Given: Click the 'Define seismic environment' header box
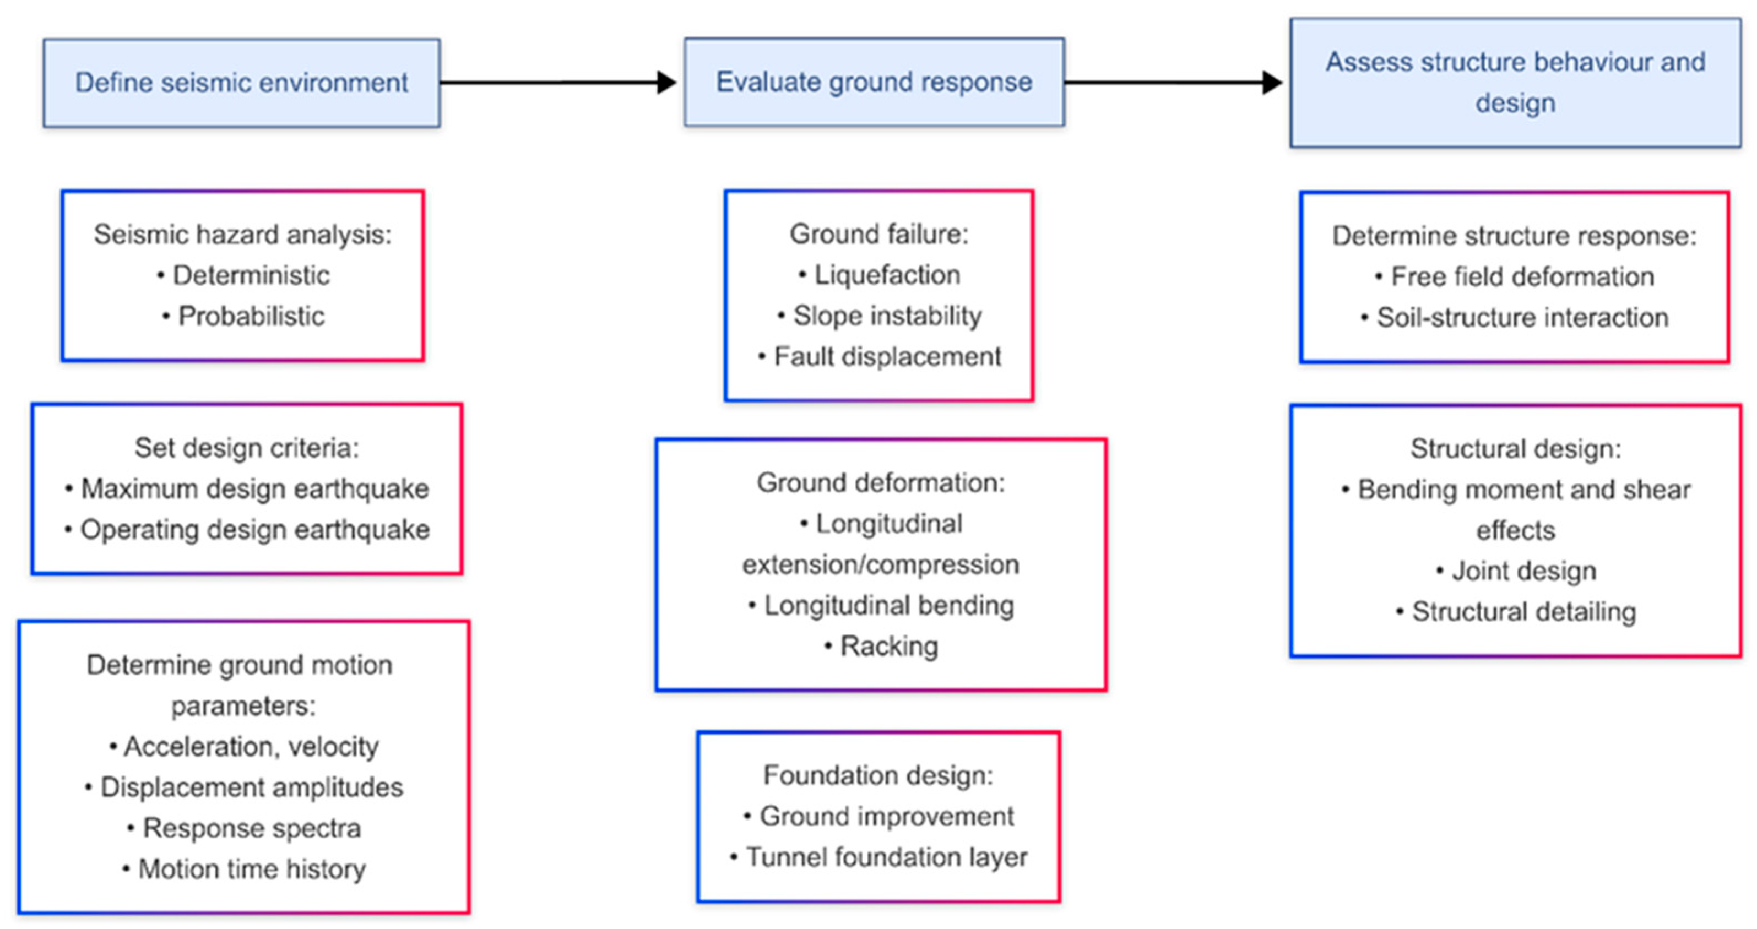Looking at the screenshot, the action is pos(241,83).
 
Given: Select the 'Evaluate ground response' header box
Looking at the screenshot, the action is pos(875,82).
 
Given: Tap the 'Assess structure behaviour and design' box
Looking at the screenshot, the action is pos(1516,83).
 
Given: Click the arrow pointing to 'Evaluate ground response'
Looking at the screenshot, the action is pos(558,83).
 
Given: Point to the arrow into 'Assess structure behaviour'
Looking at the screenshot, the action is pos(1173,83).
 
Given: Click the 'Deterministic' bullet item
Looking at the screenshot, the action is pos(243,275).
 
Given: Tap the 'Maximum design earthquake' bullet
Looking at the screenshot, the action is pos(247,489).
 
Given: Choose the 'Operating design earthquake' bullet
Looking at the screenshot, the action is pos(247,530).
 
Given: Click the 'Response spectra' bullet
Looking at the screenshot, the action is pos(243,828).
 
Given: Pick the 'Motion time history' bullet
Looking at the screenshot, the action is pos(243,869).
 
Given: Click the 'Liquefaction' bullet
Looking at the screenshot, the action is pos(879,275).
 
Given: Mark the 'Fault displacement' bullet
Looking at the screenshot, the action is pos(879,357).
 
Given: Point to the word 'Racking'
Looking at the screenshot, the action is pos(889,646).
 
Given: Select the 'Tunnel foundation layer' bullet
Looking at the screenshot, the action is pos(878,857).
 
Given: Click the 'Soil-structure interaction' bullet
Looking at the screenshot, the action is pos(1515,318).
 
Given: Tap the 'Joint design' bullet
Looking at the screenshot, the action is pos(1516,571).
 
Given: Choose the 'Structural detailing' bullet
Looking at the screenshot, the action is pos(1516,612).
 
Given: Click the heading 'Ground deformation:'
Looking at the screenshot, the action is pos(881,483).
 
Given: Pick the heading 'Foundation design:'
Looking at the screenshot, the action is pos(878,775).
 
